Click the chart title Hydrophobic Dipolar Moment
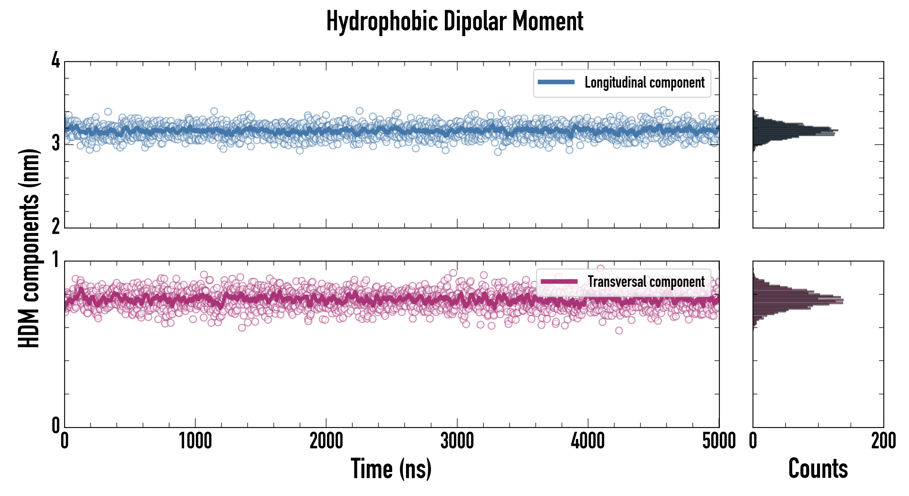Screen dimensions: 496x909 click(454, 21)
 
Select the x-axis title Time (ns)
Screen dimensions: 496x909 click(391, 468)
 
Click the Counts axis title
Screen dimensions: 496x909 click(818, 468)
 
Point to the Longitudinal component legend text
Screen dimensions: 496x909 click(644, 83)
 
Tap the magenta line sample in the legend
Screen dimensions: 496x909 click(559, 282)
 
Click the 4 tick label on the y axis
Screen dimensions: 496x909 click(56, 61)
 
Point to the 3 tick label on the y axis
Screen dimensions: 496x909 click(56, 143)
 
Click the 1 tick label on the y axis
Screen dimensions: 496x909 click(56, 260)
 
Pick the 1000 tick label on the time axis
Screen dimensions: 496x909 click(195, 441)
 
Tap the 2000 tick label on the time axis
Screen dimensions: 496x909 click(326, 441)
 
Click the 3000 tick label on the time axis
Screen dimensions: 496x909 click(457, 441)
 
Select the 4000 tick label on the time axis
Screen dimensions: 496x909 click(588, 441)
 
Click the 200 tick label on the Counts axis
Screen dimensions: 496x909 click(883, 441)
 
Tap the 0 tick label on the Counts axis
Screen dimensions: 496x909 click(753, 441)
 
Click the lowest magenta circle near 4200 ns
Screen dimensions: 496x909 click(619, 330)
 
